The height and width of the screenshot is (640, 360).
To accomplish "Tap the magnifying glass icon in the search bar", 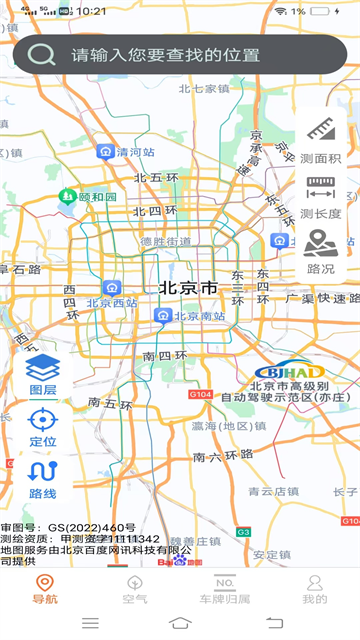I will point(42,55).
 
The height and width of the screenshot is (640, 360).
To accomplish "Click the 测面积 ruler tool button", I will point(320,140).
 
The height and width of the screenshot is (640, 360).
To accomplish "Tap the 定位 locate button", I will point(43,427).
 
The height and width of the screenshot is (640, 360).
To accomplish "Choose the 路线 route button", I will point(43,479).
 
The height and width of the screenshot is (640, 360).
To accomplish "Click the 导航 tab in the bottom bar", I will point(44,589).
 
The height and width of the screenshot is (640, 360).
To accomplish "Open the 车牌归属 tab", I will point(224,589).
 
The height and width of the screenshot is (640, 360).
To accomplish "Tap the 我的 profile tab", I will point(314,589).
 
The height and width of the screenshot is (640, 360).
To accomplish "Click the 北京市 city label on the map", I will point(188,288).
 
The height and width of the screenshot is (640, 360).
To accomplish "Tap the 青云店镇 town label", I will point(273,492).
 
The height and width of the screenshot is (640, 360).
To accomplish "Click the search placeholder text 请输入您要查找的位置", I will point(165,56).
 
